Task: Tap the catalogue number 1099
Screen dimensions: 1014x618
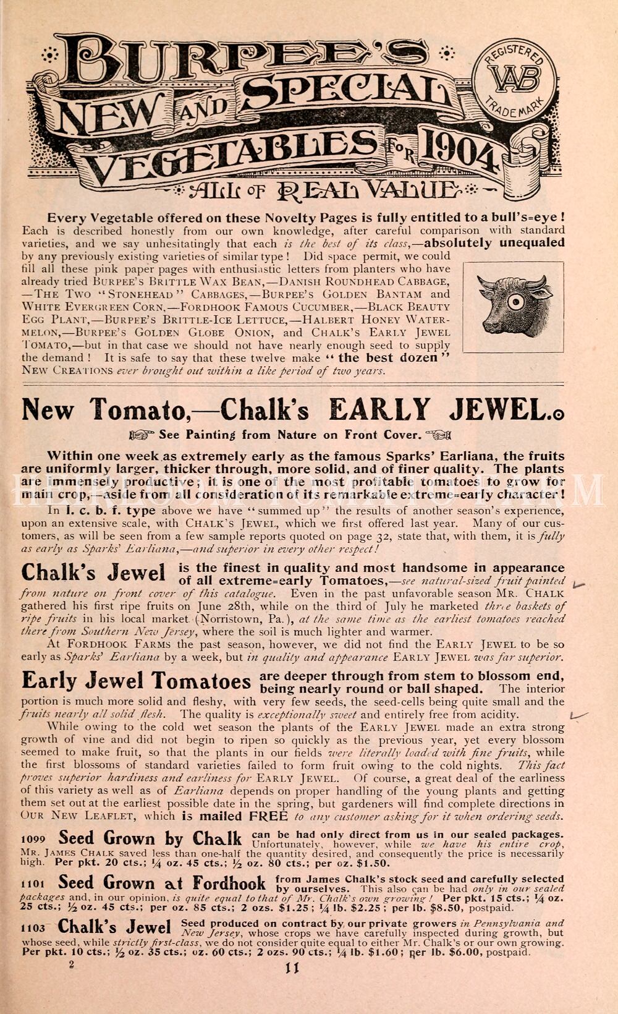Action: pyautogui.click(x=33, y=839)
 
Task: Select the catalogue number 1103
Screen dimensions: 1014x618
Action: pyautogui.click(x=33, y=929)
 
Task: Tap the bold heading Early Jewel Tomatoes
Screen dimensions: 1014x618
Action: pyautogui.click(x=136, y=681)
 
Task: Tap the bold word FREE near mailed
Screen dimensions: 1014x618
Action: pyautogui.click(x=268, y=816)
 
